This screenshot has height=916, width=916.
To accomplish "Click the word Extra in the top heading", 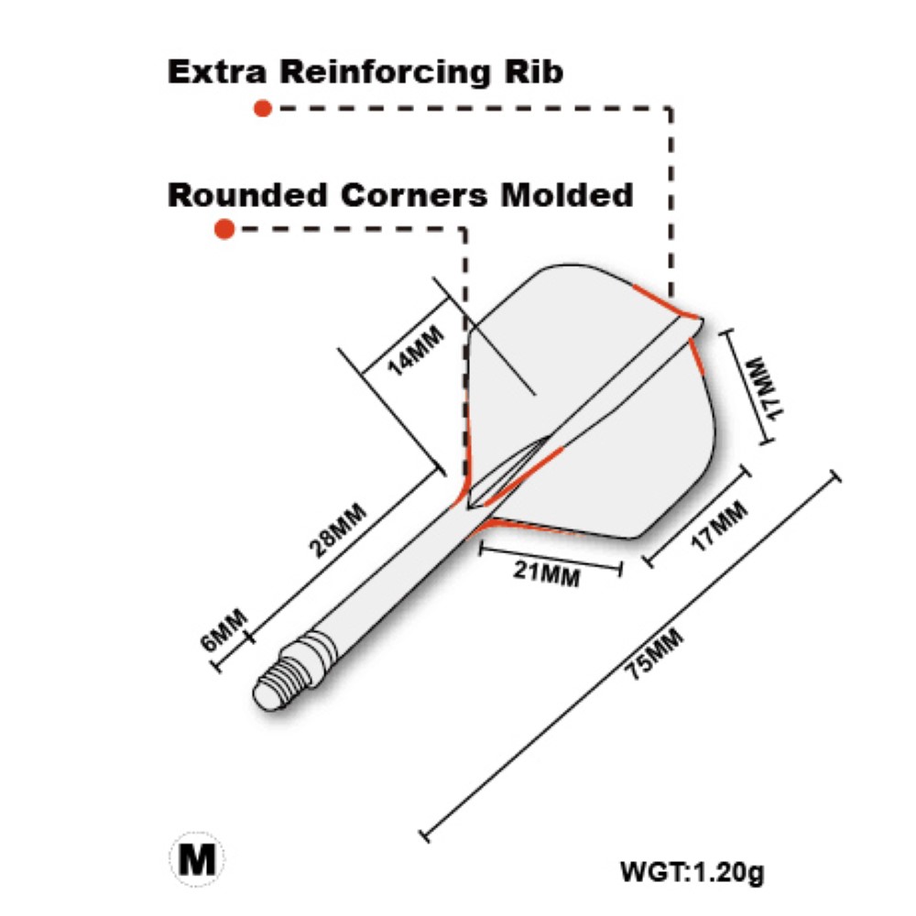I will (x=216, y=71).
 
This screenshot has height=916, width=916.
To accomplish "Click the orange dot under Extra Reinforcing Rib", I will (x=263, y=108).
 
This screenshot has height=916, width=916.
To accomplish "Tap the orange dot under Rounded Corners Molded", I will (x=224, y=229).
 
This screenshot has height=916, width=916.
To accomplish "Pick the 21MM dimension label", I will (x=546, y=573).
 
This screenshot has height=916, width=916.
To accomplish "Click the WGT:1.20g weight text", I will (x=691, y=871).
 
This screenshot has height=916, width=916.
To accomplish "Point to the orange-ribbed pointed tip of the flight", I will (x=692, y=321).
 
